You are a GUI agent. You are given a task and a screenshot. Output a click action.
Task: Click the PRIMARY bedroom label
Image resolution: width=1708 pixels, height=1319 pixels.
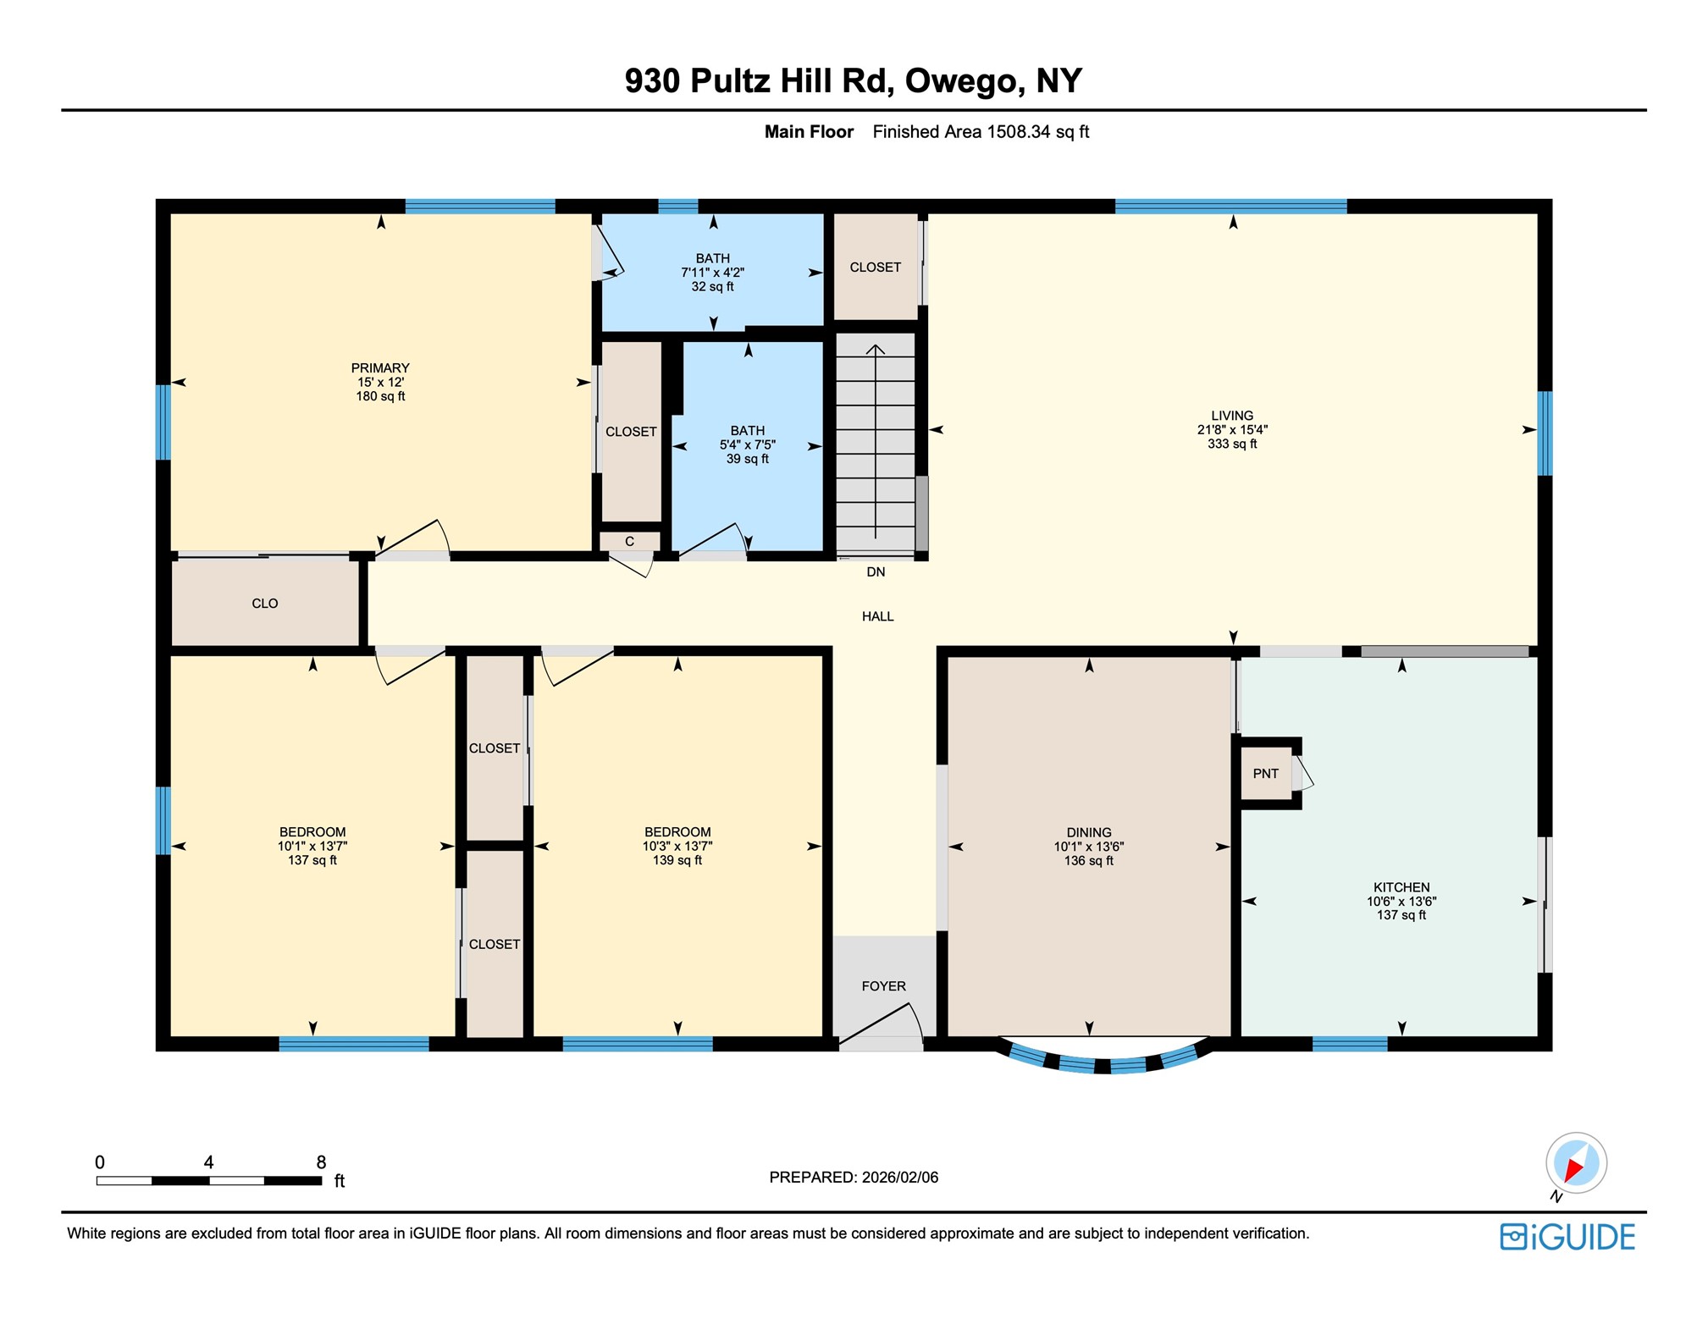click(x=380, y=367)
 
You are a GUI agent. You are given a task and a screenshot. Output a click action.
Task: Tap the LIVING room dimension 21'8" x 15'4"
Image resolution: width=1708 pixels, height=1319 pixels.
click(x=1231, y=429)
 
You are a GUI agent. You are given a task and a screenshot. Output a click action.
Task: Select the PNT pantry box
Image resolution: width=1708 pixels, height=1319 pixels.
click(x=1265, y=773)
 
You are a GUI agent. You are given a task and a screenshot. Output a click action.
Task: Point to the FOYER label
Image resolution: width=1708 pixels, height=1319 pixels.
click(x=883, y=985)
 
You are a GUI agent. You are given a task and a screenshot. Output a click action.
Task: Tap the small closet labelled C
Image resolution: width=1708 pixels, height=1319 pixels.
click(x=629, y=541)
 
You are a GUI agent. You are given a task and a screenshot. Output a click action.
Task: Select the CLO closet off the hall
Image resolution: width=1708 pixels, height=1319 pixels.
click(x=265, y=603)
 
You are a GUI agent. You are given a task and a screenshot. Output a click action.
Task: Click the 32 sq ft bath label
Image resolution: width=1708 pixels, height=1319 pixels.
click(x=712, y=286)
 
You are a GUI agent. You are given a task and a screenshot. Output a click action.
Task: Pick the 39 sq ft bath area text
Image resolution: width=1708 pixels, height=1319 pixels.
click(x=747, y=459)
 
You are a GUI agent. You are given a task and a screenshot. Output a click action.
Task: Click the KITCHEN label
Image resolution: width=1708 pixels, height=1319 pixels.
click(x=1401, y=887)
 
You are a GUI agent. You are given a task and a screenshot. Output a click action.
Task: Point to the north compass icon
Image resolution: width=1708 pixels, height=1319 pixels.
click(x=1575, y=1163)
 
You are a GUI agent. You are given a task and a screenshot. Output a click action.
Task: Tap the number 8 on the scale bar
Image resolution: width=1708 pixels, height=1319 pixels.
click(x=321, y=1162)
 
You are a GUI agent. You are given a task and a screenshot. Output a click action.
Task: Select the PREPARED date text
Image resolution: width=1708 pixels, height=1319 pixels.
click(x=853, y=1177)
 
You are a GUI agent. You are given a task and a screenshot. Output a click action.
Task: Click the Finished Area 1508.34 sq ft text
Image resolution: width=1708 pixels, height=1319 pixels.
click(x=980, y=132)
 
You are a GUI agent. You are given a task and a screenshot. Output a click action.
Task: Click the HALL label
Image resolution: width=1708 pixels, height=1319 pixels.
click(x=877, y=616)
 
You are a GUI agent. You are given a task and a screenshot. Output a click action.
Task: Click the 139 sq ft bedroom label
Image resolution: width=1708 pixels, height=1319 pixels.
click(x=677, y=860)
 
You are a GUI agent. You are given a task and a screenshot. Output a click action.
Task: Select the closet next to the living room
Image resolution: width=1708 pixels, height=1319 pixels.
click(x=875, y=267)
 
